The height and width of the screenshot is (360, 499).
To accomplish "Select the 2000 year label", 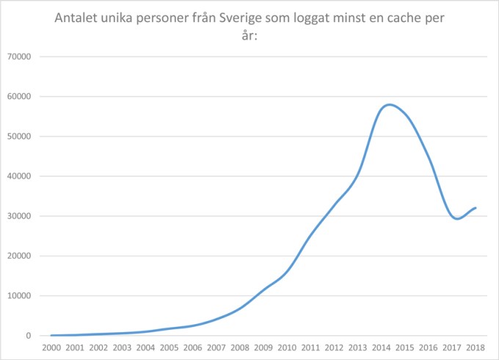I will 51,348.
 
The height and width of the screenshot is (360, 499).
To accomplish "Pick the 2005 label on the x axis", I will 170,348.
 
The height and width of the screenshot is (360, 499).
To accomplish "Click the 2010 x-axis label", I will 287,348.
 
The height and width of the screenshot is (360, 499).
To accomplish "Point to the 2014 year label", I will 382,348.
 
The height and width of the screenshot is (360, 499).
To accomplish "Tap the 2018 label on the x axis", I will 476,348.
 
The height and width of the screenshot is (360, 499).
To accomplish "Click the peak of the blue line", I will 389,104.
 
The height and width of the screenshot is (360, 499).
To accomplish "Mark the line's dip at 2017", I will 457,218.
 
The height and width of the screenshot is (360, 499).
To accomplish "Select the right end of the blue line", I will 476,207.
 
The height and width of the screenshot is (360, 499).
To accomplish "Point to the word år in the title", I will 249,35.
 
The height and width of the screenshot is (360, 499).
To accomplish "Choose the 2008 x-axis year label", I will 240,348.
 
